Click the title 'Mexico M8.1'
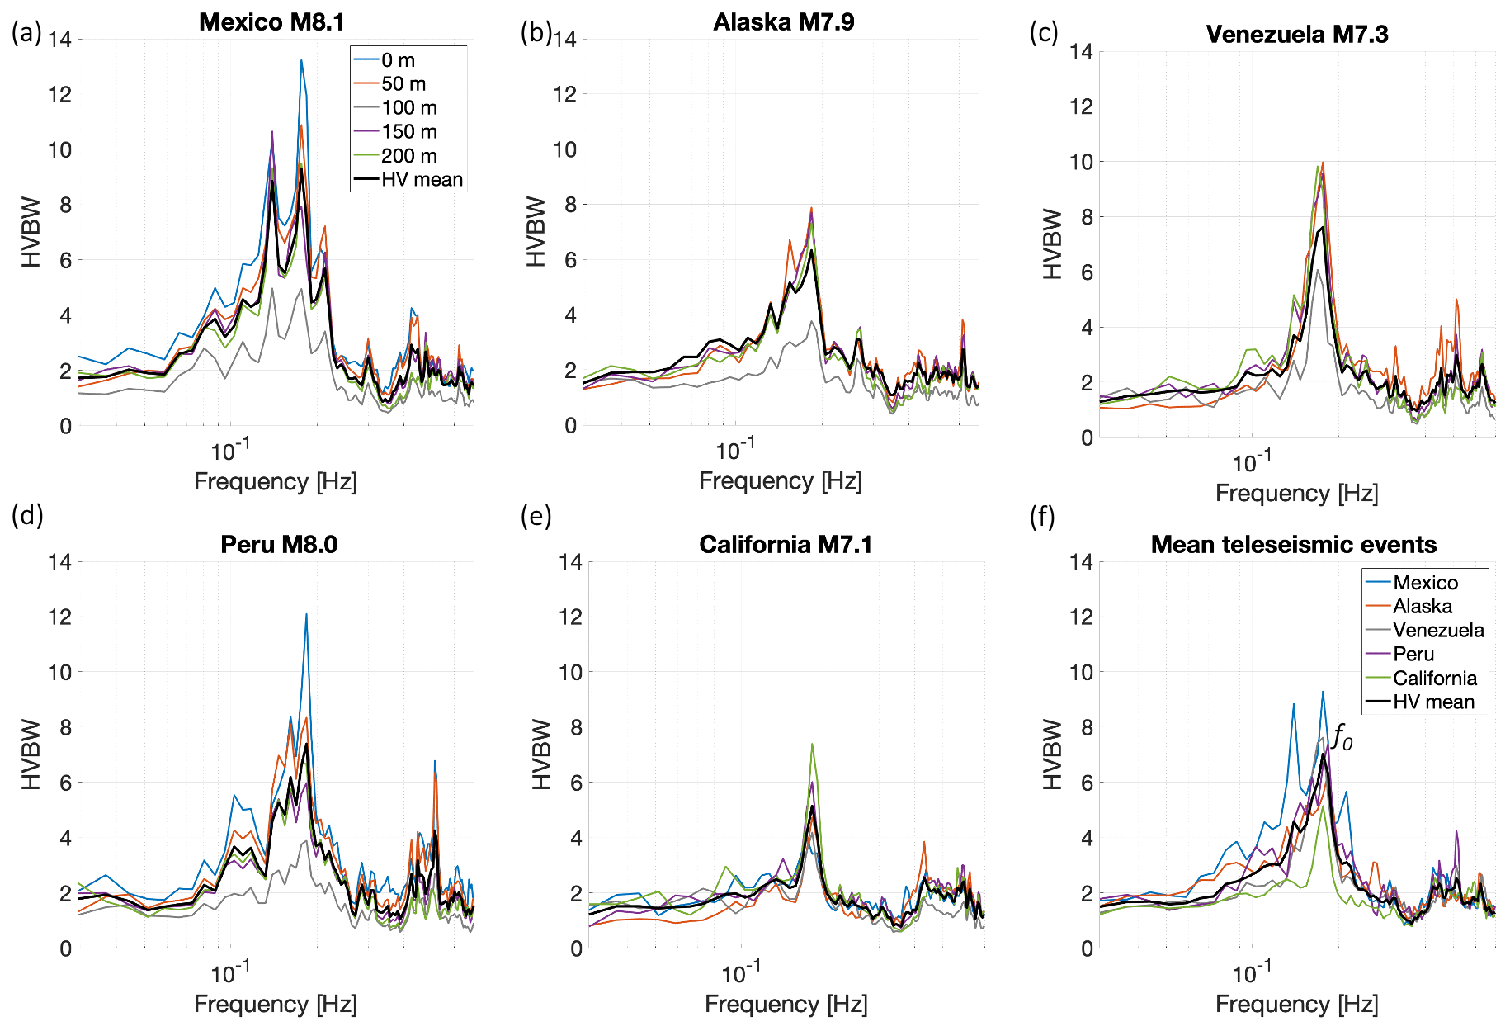(271, 22)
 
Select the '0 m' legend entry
(398, 60)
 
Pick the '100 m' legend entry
(408, 108)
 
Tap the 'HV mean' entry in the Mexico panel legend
(422, 180)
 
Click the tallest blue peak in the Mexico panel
(301, 61)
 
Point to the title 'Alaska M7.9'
(783, 22)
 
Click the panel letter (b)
(536, 33)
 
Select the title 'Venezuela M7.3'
(1296, 35)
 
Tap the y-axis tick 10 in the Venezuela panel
(1081, 162)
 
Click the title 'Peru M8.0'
(279, 545)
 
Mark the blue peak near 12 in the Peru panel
(306, 615)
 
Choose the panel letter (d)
(27, 515)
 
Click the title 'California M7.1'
(785, 545)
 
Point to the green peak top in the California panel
(812, 745)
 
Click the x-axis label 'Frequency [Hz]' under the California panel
(786, 1005)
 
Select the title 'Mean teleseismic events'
(1293, 545)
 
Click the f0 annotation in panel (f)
(1342, 736)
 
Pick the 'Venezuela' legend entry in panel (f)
(1437, 631)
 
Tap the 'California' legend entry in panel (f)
(1435, 679)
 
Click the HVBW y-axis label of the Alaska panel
(536, 232)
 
